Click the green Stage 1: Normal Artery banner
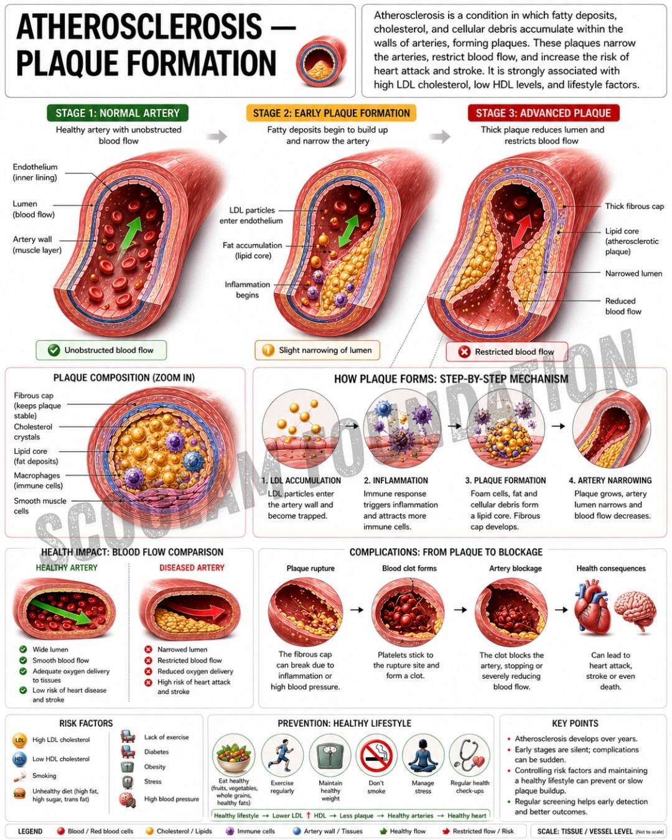pos(118,113)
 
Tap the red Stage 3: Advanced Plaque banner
pos(543,113)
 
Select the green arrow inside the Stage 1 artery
pos(131,234)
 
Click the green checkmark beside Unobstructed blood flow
pos(54,350)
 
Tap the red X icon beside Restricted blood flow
pos(464,352)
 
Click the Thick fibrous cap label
pos(634,206)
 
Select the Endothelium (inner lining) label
pos(35,172)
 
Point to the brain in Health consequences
pos(635,610)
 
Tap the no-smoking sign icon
pos(376,755)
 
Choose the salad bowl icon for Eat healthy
pos(233,755)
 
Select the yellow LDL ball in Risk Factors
pos(19,740)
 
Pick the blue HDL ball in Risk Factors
pos(19,759)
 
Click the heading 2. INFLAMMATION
pos(396,480)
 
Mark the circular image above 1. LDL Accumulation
pos(301,428)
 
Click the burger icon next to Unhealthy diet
pos(19,793)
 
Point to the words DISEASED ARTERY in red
pos(192,567)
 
